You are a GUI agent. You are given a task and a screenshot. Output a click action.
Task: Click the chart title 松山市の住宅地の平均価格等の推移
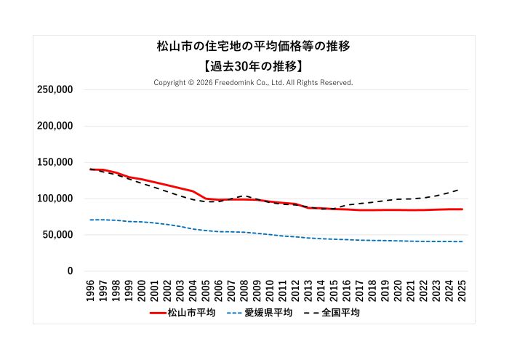(254, 47)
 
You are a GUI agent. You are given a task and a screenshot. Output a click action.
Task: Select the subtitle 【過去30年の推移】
(254, 65)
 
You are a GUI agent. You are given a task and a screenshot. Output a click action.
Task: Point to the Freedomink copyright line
(253, 83)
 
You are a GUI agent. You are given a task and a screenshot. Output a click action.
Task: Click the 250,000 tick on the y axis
(55, 89)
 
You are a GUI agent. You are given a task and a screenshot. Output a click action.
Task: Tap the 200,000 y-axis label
(55, 126)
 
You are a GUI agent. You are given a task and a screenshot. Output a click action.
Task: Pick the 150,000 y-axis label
(55, 162)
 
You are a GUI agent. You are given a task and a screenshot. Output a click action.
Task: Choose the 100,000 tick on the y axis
(55, 199)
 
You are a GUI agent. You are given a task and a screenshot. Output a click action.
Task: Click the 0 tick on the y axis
(70, 271)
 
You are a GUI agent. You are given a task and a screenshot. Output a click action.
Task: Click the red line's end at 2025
(462, 209)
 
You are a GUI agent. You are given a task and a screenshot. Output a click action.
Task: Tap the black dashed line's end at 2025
(460, 189)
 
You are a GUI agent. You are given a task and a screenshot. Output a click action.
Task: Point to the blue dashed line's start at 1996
(91, 220)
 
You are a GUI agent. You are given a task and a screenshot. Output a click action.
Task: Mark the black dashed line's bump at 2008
(244, 196)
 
